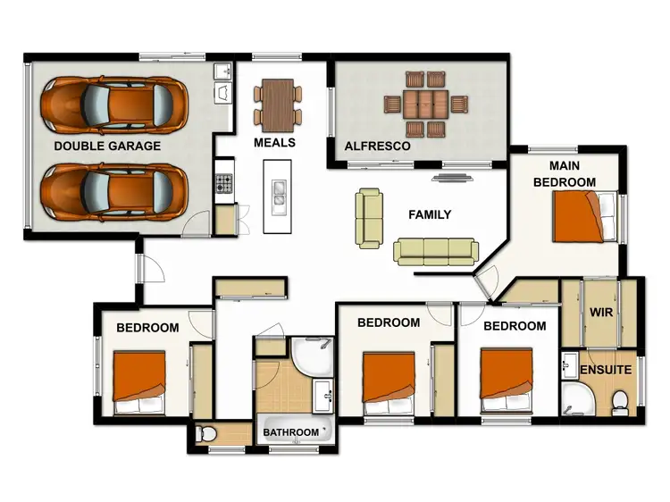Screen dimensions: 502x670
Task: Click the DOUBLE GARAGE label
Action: click(107, 146)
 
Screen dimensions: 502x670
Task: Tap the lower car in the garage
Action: click(115, 190)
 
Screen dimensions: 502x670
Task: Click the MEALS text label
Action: click(274, 143)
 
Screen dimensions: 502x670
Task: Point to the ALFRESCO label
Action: click(377, 146)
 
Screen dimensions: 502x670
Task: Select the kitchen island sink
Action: click(279, 192)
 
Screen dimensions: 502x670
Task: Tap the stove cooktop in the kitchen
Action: click(224, 185)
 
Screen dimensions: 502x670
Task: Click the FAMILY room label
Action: click(429, 214)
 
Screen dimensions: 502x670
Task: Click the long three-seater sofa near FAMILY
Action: click(436, 251)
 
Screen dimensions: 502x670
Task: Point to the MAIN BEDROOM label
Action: click(564, 174)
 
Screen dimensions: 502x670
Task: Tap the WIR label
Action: click(599, 314)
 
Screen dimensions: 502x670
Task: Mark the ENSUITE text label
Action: click(606, 369)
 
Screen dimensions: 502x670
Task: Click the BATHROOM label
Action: click(290, 433)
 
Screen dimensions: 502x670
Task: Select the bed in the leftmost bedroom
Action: click(138, 382)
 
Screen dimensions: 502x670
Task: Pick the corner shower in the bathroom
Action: click(308, 357)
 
